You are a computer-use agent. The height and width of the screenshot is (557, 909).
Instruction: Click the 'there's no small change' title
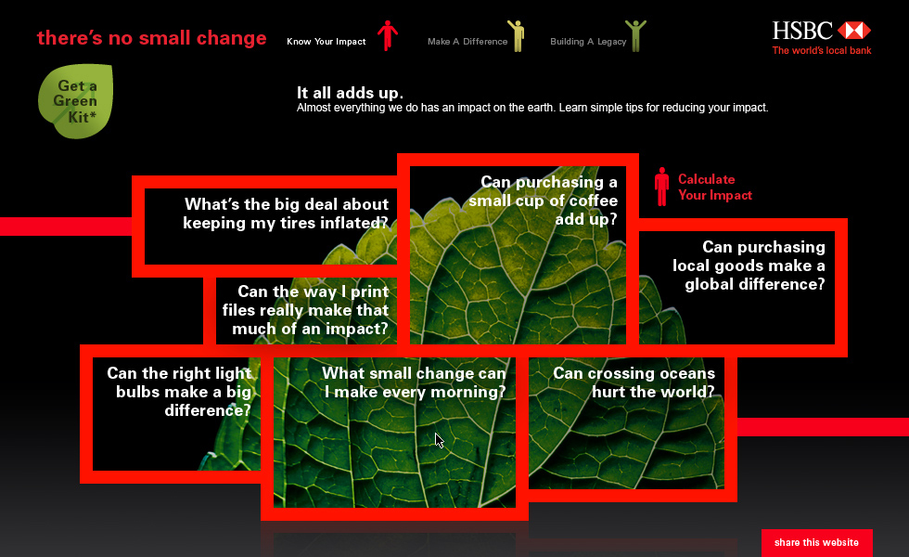coord(152,38)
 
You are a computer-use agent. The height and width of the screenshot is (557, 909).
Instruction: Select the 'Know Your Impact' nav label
coord(326,42)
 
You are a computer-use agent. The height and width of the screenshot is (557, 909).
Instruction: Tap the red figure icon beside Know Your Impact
coord(388,35)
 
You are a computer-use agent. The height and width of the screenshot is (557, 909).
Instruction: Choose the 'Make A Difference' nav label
coord(467,42)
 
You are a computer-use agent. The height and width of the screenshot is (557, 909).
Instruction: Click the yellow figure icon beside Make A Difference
coord(516,35)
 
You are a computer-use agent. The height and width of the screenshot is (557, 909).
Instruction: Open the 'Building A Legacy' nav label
coord(588,42)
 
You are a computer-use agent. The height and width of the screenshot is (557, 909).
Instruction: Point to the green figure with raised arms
coord(635,35)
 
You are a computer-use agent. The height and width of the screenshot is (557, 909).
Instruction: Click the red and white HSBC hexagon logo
coord(853,30)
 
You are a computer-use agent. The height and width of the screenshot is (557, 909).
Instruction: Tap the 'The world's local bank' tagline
coord(822,50)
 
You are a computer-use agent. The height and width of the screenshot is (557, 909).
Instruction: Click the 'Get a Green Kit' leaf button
coord(76,101)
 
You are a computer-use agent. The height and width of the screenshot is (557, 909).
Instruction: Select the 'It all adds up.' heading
coord(350,93)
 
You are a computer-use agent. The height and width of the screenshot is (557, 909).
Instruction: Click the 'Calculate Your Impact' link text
coord(715,188)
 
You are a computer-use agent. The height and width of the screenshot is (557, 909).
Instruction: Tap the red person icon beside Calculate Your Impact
coord(661,187)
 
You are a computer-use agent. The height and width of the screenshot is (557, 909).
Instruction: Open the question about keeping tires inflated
coord(286,214)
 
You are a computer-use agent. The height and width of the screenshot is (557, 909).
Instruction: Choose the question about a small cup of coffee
coord(544,201)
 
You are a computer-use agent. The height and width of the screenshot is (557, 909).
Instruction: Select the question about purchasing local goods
coord(749,266)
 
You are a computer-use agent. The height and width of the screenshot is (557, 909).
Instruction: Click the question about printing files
coord(305,310)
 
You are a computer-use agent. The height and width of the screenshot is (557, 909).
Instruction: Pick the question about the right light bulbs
coord(179,392)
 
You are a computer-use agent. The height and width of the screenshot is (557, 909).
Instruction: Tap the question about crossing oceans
coord(634,382)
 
